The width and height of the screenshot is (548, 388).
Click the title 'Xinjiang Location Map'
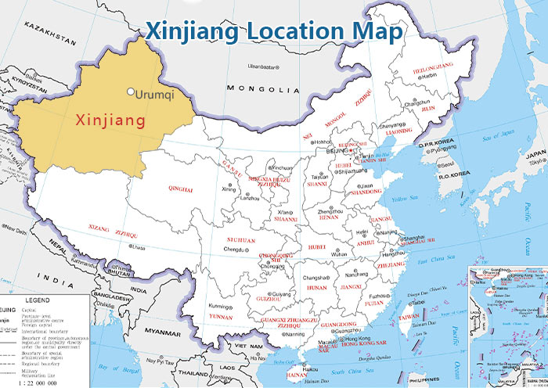pos(274,32)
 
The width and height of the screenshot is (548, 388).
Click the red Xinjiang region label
pos(110,120)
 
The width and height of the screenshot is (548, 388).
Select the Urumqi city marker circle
pos(131,92)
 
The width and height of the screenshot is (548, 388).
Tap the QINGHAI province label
pos(180,189)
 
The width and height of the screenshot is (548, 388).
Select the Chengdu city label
pos(233,250)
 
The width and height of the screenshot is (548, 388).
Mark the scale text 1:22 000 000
pos(32,379)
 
